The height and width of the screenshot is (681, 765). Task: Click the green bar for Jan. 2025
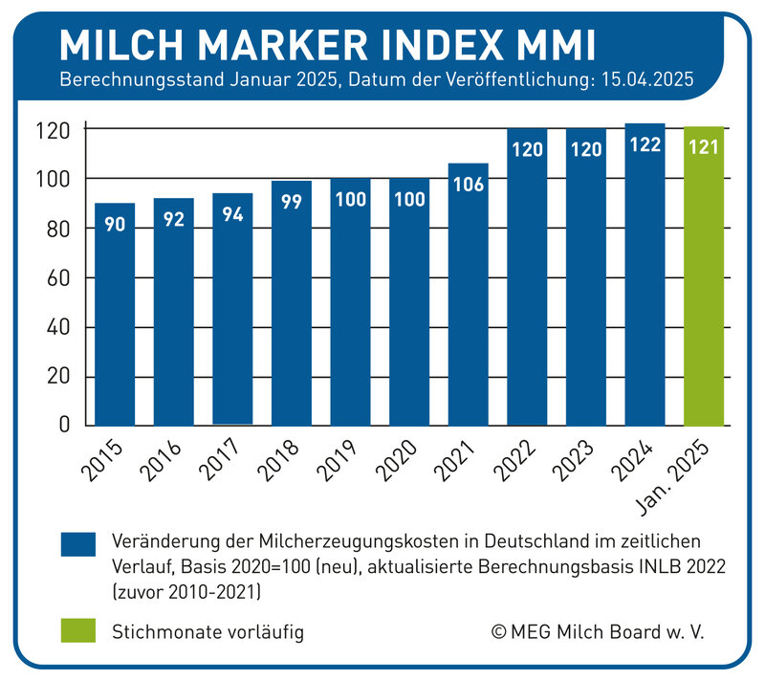point(704,287)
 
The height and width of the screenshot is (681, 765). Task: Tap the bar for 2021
point(469,306)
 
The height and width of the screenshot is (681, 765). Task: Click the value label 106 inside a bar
point(469,185)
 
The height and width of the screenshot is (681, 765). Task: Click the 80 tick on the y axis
point(63,230)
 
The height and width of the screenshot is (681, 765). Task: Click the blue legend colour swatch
point(80,543)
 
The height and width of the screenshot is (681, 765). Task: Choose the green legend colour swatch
point(80,631)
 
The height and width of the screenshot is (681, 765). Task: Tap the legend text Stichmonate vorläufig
point(208,632)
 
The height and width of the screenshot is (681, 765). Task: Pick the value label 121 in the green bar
point(704,148)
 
